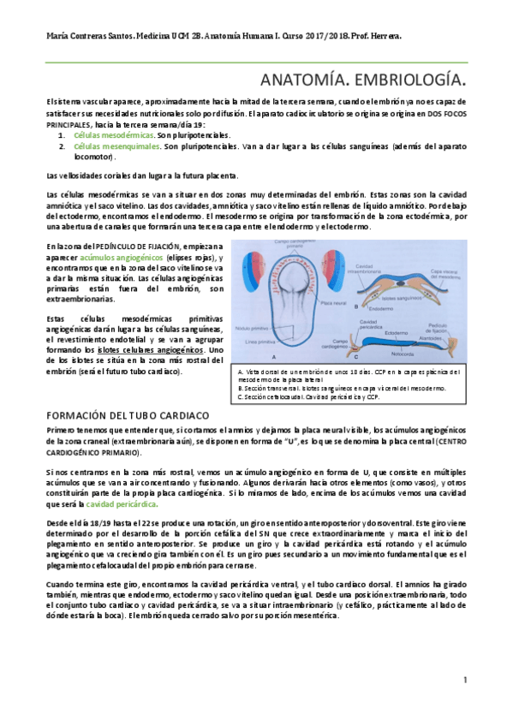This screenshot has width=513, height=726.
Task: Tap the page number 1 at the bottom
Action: click(x=463, y=680)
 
